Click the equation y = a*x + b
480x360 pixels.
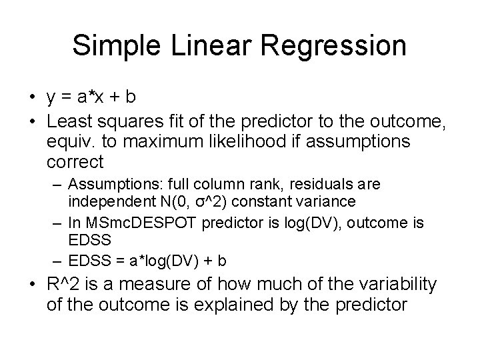[91, 97]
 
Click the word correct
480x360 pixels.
[75, 162]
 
